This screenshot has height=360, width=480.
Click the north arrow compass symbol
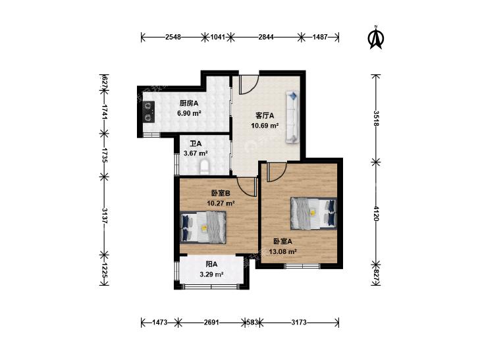[376, 38]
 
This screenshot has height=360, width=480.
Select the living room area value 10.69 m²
[265, 126]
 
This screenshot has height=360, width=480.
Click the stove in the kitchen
[149, 112]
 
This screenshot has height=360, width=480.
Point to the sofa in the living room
[292, 117]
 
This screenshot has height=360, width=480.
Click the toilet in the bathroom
[205, 167]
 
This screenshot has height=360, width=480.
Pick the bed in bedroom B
[203, 228]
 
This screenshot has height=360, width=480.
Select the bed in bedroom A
[313, 213]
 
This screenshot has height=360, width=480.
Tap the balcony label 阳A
[211, 264]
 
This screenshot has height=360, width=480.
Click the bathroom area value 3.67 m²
[196, 153]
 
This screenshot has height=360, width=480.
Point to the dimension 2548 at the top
[173, 38]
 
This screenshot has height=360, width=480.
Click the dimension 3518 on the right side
[376, 118]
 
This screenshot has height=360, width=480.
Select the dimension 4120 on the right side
[376, 213]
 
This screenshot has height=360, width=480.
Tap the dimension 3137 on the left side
[105, 216]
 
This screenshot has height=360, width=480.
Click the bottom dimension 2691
[211, 322]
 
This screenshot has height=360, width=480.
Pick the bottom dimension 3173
[299, 322]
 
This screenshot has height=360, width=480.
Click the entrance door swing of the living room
[249, 84]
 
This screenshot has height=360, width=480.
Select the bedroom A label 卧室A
[282, 242]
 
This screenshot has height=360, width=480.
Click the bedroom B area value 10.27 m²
[221, 203]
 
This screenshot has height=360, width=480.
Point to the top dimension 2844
[266, 38]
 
